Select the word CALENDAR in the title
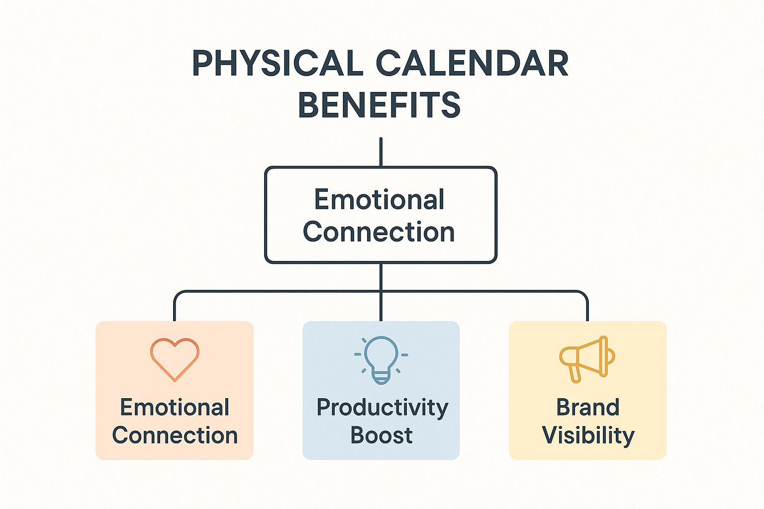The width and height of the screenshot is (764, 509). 472,64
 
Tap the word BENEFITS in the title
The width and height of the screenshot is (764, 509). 380,105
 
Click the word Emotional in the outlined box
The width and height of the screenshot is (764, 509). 380,200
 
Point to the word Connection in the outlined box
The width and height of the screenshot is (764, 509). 380,232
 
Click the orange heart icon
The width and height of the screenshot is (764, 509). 175,359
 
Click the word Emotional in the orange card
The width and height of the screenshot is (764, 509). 175,408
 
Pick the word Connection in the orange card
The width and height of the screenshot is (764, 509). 175,435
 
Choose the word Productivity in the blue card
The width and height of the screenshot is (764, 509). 382,408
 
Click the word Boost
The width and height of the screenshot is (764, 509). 381,435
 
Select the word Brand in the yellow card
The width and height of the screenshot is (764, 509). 588,408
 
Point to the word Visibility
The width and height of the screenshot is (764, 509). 588,435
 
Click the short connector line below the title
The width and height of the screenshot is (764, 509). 381,152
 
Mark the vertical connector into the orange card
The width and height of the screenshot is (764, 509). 175,308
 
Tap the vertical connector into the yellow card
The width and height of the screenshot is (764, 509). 587,308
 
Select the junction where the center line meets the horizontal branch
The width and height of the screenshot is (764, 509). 381,291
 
